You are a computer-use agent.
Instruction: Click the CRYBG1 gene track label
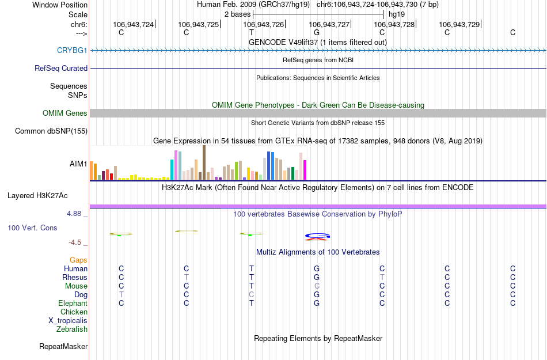click(x=72, y=50)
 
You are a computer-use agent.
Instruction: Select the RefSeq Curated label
click(x=61, y=68)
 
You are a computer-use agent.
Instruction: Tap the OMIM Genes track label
click(x=65, y=113)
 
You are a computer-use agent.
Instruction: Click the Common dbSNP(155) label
click(x=51, y=131)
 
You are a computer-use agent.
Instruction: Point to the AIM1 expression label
click(x=78, y=164)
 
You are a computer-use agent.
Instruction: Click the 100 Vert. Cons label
click(x=32, y=228)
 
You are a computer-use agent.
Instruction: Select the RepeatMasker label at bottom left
click(x=63, y=347)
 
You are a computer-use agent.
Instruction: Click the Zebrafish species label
click(x=72, y=329)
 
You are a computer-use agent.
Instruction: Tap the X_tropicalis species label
click(x=68, y=321)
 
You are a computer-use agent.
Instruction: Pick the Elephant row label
click(x=73, y=304)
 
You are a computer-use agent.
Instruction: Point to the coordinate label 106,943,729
click(x=459, y=25)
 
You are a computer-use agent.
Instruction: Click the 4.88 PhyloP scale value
click(x=77, y=214)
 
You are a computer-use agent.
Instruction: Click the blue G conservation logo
click(x=317, y=235)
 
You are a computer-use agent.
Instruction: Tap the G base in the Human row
click(x=317, y=269)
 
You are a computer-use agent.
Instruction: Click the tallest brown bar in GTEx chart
click(x=204, y=162)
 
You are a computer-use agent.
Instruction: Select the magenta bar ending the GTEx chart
click(x=305, y=170)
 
